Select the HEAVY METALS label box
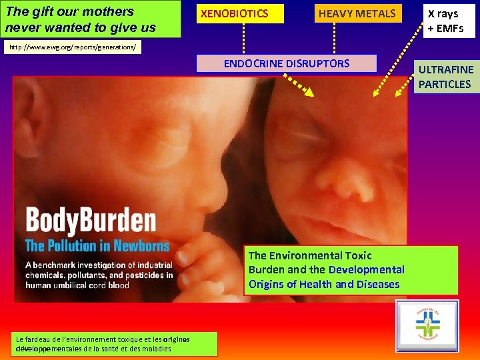(357, 13)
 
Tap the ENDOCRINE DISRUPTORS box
(286, 63)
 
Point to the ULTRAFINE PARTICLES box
(445, 77)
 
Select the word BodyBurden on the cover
(91, 221)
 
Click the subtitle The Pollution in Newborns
(97, 245)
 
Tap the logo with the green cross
(427, 325)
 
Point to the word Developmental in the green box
(366, 269)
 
